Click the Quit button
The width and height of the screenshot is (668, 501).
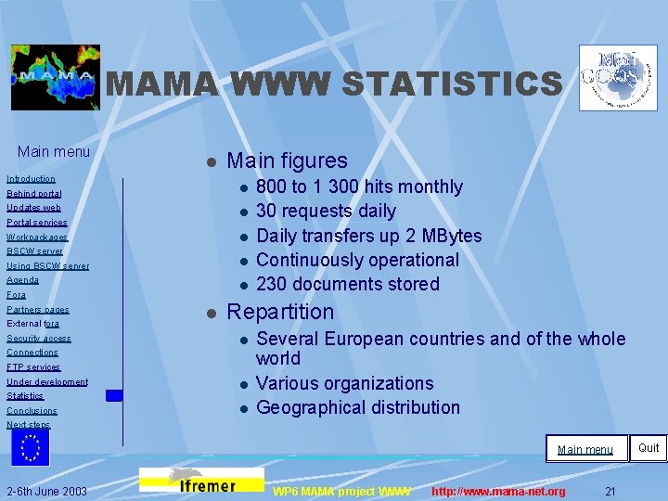[649, 448]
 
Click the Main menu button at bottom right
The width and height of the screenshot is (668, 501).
[585, 449]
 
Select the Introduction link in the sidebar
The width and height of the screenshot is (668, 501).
[31, 178]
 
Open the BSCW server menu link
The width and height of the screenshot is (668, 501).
[34, 251]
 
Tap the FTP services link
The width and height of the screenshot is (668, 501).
[33, 367]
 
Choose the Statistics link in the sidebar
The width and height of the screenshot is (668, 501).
[25, 396]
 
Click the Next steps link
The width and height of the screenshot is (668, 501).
[28, 425]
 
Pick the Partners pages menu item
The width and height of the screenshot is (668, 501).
[38, 309]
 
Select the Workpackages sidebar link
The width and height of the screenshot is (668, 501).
[37, 237]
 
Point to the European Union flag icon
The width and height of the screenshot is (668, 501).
[31, 447]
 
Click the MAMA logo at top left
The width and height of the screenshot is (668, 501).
[56, 77]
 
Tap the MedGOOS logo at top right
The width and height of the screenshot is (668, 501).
[618, 77]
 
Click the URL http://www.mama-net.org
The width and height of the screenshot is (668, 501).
[498, 491]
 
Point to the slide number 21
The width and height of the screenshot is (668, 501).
[610, 491]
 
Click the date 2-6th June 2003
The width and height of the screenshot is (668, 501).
[47, 491]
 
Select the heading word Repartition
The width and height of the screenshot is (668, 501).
[280, 312]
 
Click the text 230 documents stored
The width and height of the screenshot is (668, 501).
[348, 284]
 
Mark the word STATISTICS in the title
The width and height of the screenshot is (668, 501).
[451, 84]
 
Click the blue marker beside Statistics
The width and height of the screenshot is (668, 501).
[114, 395]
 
